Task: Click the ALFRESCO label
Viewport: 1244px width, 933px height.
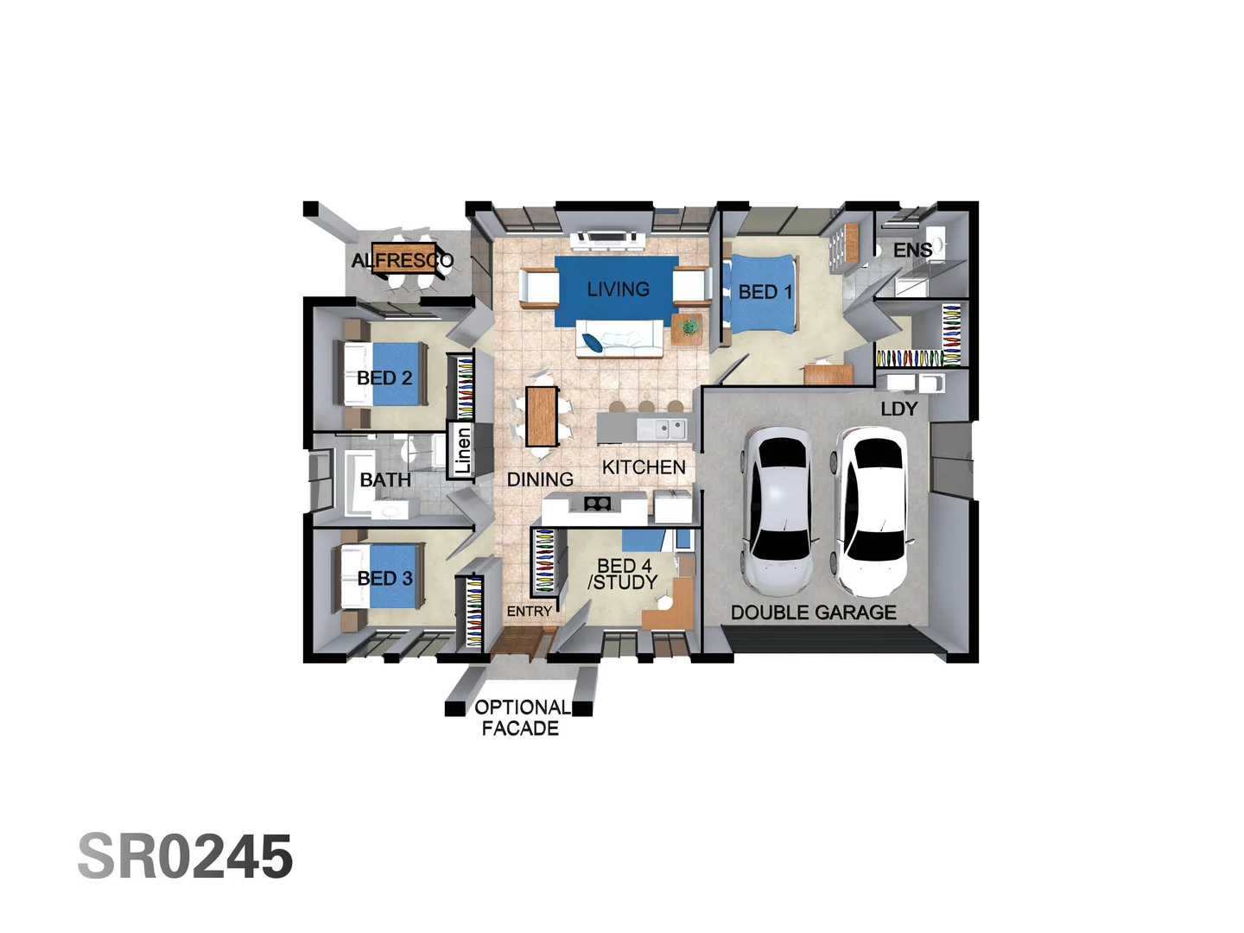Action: (402, 260)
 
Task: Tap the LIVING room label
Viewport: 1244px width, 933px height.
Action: (618, 289)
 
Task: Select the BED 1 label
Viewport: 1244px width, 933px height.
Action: (765, 292)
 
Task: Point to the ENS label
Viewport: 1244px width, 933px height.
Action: (912, 251)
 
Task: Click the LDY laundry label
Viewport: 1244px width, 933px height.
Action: (898, 409)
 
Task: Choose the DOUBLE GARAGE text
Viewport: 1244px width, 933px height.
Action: (813, 612)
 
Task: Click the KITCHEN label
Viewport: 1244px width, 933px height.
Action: (644, 467)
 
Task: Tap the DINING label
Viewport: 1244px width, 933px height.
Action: (540, 479)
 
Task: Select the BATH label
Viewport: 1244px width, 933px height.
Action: (385, 479)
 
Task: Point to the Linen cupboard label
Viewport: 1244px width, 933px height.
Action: (463, 450)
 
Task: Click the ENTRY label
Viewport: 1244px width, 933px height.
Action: (529, 612)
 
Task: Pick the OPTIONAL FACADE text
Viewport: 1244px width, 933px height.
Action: (521, 718)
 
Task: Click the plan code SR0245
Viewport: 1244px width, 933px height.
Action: (185, 857)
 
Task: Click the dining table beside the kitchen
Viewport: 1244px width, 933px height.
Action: (542, 416)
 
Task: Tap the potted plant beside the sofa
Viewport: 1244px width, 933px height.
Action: (689, 326)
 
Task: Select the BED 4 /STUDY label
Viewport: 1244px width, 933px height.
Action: (624, 574)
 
